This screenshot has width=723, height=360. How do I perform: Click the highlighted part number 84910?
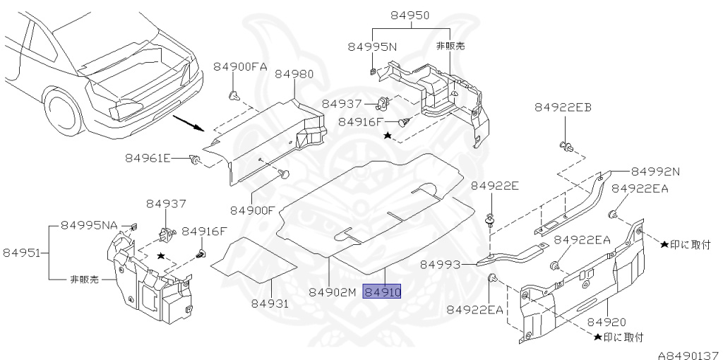coord(381,291)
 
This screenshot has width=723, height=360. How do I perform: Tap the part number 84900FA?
coord(240,66)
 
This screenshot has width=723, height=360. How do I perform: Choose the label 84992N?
coord(655,171)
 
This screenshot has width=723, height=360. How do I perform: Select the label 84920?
coord(607,321)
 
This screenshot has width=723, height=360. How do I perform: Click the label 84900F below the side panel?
coord(253,210)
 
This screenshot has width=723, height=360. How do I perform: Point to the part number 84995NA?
coord(90,224)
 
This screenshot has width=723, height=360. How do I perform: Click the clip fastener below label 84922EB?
coord(566,147)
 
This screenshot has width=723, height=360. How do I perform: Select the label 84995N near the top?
coord(372,46)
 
